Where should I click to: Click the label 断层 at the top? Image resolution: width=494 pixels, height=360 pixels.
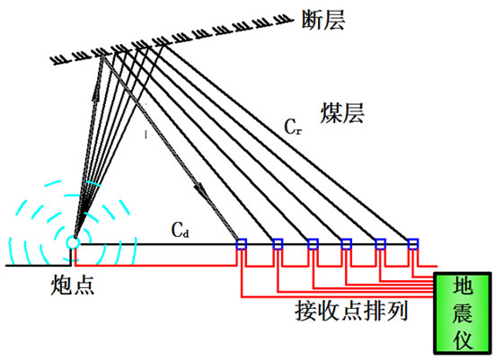coord(323,20)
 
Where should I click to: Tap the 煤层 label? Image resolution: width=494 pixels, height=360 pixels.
coord(342,113)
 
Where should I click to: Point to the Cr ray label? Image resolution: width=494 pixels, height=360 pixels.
coord(293,127)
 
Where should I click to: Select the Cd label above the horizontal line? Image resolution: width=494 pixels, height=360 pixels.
coord(181,229)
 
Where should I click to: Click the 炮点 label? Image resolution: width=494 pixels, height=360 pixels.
coord(73,285)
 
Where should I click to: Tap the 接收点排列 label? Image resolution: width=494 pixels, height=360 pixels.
coord(351,311)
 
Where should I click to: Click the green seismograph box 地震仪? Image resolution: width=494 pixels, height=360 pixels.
coord(463,312)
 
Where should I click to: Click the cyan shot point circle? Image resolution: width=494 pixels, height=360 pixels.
coord(73,242)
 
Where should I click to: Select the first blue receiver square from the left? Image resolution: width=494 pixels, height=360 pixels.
coord(242,244)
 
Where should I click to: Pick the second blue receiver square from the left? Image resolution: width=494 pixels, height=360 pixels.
coord(278,244)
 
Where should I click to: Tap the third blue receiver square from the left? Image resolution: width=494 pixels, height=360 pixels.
coord(313,244)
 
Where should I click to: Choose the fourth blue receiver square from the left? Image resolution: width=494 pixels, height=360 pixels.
coord(346,244)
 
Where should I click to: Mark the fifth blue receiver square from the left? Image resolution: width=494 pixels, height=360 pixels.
coord(380,244)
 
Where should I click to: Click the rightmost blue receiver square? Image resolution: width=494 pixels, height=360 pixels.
coord(413,244)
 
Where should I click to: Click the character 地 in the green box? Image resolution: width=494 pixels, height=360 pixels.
coord(463,286)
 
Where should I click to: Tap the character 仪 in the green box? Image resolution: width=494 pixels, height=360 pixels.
coord(463,339)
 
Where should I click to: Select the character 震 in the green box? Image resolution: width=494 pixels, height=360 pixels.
coord(463,312)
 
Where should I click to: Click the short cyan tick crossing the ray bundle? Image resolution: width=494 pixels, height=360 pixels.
coord(94,184)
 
